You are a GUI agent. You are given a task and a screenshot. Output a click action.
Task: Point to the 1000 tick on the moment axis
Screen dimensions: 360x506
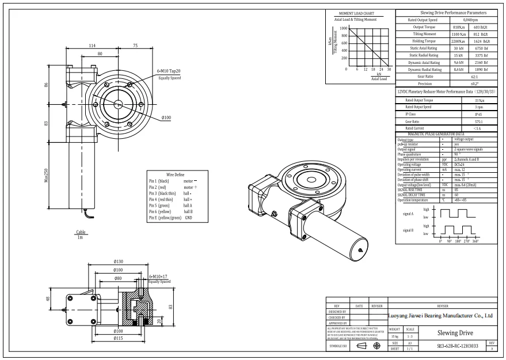pos(344,28)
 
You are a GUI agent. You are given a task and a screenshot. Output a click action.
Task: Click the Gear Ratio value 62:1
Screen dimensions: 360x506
pos(474,77)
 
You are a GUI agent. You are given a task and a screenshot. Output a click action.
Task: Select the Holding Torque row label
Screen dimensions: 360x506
pos(423,41)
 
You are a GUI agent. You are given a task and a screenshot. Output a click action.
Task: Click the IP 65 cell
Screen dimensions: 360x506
pos(479,115)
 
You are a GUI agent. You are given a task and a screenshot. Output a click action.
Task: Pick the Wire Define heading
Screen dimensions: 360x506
pos(175,174)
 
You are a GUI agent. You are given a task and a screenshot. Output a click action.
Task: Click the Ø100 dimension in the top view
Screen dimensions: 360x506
pos(166,118)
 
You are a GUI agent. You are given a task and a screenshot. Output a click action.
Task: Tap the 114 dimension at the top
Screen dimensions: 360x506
pos(92,46)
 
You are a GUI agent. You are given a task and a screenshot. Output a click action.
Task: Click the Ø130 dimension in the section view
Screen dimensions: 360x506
pos(119,262)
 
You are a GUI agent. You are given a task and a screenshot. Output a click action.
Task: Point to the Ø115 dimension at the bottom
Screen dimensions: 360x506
pos(118,338)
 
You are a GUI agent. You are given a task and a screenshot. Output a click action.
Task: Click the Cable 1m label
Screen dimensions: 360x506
pos(81,234)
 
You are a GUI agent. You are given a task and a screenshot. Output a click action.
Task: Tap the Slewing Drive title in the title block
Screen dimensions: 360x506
pos(455,333)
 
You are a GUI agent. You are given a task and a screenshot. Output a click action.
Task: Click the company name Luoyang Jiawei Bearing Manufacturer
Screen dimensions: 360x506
pos(441,316)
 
